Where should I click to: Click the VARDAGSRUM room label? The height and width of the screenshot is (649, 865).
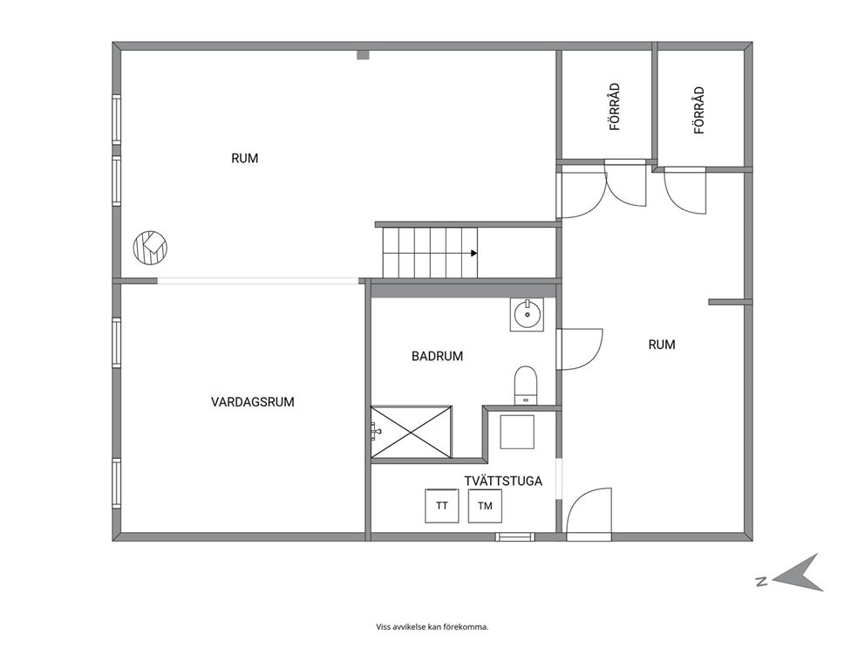tap(252, 402)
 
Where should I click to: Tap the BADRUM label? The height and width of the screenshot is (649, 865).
tap(437, 356)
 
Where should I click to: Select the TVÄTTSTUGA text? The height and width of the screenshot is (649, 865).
tap(503, 482)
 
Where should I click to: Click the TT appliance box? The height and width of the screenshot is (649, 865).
tap(441, 506)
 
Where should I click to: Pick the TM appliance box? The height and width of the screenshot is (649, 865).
tap(485, 506)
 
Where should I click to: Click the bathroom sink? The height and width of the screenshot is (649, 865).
tap(527, 315)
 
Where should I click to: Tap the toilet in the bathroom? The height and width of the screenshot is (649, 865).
tap(526, 386)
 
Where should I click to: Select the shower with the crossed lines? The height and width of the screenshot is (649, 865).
tap(411, 432)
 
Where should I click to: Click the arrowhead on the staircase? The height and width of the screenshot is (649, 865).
tap(473, 253)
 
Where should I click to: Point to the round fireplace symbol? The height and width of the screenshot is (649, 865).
tap(150, 247)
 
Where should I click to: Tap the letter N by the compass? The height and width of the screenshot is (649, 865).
tap(762, 581)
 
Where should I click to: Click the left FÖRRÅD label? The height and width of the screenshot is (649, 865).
tap(615, 106)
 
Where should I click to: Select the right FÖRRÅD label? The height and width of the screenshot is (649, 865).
tap(699, 111)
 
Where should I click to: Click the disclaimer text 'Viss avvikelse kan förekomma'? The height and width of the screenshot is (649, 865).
tap(432, 626)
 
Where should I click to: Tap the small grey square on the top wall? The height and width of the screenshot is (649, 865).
tap(363, 55)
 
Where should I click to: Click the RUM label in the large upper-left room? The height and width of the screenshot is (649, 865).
tap(244, 159)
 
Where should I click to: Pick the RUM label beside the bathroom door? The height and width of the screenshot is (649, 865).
tap(662, 345)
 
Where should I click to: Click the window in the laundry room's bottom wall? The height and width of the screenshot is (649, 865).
tap(514, 536)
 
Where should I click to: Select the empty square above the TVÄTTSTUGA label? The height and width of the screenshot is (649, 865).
tap(517, 432)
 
